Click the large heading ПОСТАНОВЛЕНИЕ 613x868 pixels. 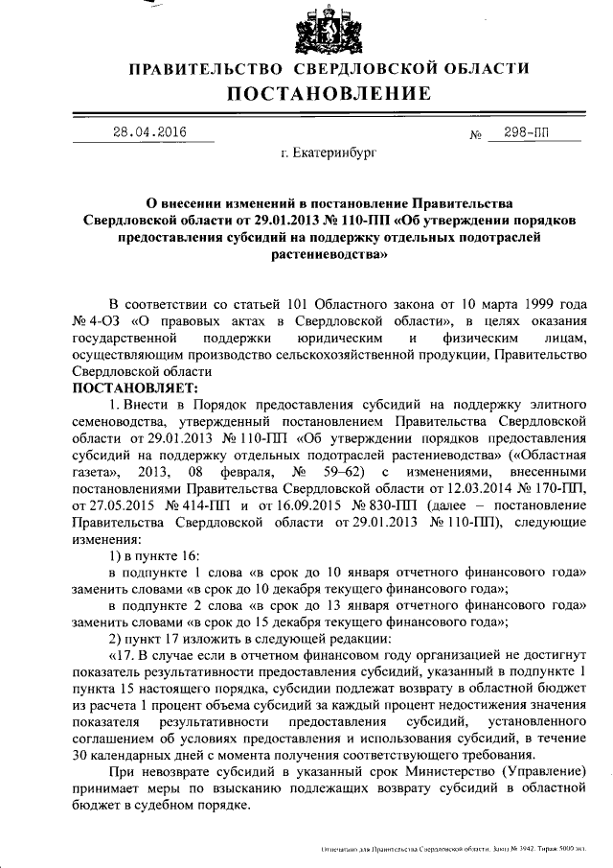tap(329, 93)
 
